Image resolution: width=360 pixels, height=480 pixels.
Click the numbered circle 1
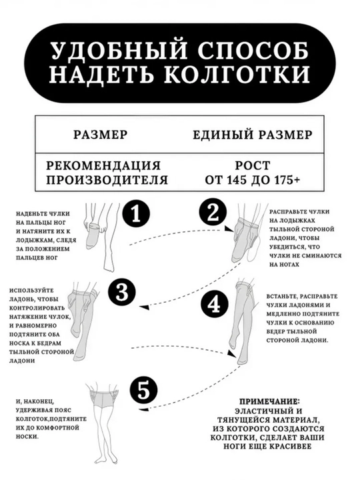[135, 213]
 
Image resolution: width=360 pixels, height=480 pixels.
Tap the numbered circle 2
[213, 213]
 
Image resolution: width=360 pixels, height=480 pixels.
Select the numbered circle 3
[123, 292]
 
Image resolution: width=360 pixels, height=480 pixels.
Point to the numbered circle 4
[214, 305]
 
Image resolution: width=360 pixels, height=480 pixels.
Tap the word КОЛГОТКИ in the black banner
[237, 75]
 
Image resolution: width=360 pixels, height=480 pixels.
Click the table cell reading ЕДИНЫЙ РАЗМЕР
[253, 135]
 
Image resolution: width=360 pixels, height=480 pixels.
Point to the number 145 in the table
[237, 180]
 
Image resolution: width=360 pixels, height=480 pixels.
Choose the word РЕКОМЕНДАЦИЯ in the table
[103, 165]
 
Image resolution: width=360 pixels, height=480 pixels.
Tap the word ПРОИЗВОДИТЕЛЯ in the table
[107, 180]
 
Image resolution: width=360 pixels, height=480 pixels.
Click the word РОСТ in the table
[253, 165]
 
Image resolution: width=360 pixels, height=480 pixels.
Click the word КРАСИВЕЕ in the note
[290, 447]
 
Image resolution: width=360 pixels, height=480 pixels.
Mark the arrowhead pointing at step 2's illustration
[227, 229]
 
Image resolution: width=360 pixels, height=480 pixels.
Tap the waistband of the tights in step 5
[103, 392]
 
